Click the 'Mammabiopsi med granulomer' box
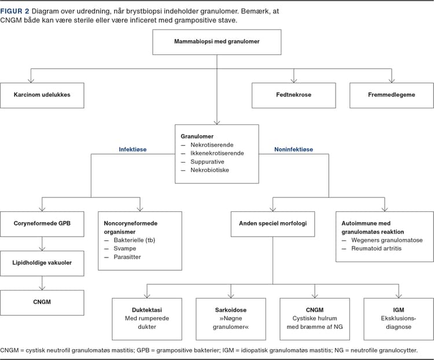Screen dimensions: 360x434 click(216, 42)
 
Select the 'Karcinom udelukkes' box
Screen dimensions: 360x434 click(43, 95)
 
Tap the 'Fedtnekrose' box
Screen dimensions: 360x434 click(293, 95)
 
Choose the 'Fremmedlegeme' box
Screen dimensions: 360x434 click(391, 95)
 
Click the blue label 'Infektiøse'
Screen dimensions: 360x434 click(133, 149)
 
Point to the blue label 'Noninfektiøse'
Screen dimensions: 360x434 click(293, 149)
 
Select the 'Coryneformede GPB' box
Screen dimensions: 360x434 click(43, 223)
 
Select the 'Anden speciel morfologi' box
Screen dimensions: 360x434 click(273, 223)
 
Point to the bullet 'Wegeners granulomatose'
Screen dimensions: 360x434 click(386, 240)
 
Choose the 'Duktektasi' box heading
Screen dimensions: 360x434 click(148, 309)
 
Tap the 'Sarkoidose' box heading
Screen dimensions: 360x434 click(231, 309)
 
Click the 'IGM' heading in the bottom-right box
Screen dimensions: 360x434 click(398, 309)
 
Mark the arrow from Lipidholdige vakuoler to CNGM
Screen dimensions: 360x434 click(43, 283)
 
